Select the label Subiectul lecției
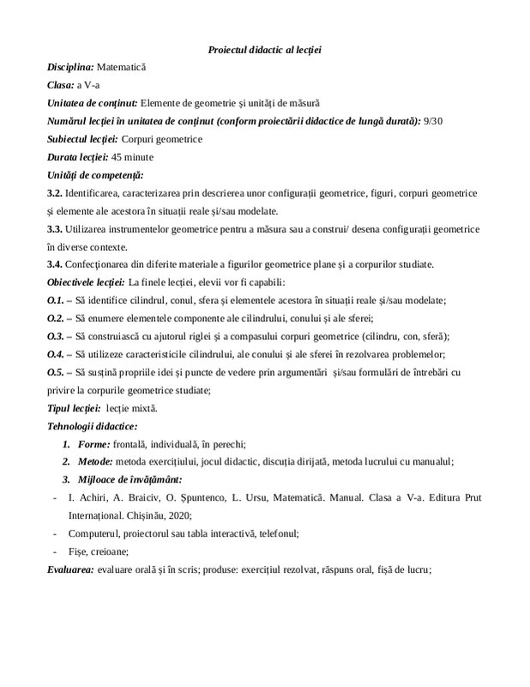82,138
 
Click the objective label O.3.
55,336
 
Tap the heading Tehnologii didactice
92,426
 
